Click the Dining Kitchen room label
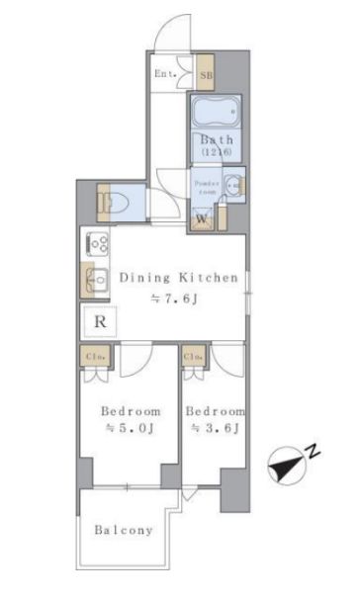click(x=179, y=279)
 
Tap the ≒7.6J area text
click(x=179, y=301)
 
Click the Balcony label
click(x=124, y=531)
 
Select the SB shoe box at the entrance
click(x=208, y=72)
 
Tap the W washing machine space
click(x=202, y=217)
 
